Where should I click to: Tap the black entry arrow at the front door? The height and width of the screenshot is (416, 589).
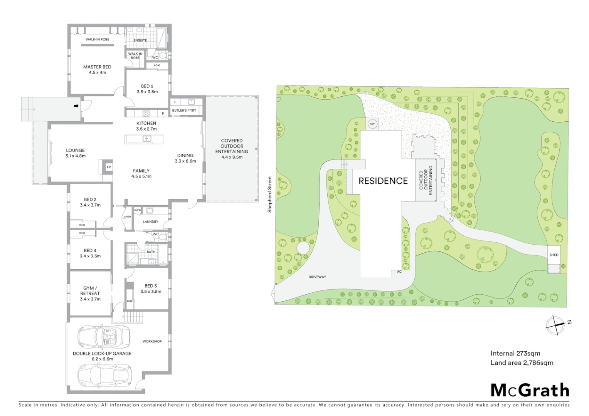tap(76, 106)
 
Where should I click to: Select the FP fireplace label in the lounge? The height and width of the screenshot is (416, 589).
tap(109, 167)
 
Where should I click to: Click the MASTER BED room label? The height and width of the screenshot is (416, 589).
tap(97, 67)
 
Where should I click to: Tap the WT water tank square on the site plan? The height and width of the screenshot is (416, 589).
tap(372, 124)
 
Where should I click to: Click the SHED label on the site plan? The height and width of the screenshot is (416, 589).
tap(554, 255)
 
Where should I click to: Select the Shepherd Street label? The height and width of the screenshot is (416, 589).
tap(270, 194)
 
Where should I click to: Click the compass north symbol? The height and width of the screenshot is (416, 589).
tap(556, 324)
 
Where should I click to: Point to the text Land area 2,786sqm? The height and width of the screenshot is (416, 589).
tap(522, 362)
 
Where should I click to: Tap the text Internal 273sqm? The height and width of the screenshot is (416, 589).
tap(515, 353)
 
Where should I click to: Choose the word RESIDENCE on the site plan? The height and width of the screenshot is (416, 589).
tap(383, 181)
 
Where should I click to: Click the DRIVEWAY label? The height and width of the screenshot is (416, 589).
tap(317, 277)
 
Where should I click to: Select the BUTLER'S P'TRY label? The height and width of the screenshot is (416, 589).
tap(184, 111)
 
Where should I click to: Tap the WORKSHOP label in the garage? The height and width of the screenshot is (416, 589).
tap(152, 341)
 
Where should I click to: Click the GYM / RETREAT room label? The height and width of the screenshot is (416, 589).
tap(90, 290)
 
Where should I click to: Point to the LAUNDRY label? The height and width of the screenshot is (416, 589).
tap(150, 222)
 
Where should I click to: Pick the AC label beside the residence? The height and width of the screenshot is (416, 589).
tap(399, 272)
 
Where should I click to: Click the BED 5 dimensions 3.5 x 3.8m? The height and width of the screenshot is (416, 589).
tap(147, 92)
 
